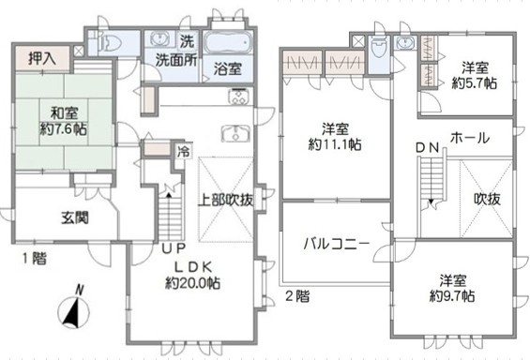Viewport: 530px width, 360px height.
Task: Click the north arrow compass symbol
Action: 74,307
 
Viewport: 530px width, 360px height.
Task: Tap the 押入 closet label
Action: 42,59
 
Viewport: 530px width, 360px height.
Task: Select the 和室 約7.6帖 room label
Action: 64,121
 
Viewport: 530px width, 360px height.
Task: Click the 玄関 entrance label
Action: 75,217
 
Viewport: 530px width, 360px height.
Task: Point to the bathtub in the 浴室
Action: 228,42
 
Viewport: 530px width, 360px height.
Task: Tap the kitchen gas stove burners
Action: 239,97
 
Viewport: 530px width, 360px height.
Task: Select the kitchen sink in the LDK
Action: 235,133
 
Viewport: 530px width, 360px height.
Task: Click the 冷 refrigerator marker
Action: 184,152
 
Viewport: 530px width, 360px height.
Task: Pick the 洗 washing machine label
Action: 188,41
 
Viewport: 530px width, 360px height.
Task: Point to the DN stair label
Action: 427,147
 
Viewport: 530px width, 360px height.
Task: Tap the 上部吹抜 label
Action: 225,201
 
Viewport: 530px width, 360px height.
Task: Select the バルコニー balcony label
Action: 337,244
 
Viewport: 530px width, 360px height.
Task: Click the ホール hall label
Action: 470,138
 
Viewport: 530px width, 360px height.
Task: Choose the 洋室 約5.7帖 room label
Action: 475,76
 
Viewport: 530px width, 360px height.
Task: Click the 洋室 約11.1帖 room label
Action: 335,137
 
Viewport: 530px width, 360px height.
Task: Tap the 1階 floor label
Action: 35,259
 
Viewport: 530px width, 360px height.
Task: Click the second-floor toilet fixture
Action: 378,51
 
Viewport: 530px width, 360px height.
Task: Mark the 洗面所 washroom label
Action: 176,60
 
